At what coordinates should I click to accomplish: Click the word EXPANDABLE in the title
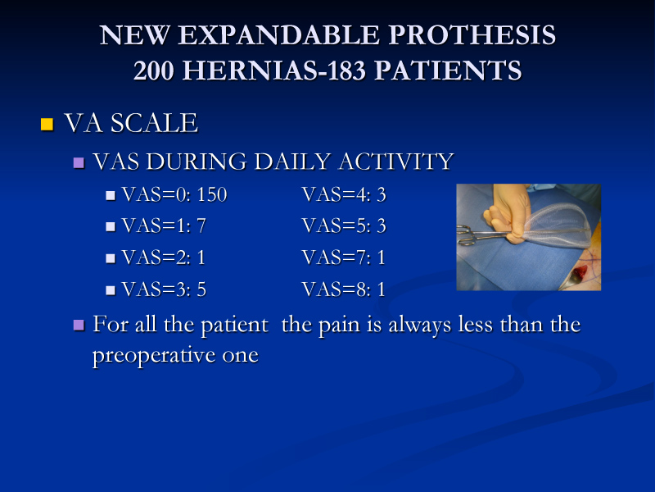[279, 34]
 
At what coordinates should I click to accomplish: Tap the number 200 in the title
[153, 70]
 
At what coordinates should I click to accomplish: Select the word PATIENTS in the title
[448, 70]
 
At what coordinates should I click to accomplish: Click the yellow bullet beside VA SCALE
[47, 125]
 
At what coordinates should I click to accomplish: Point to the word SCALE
[154, 123]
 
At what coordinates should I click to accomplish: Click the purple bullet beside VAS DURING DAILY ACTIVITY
[79, 162]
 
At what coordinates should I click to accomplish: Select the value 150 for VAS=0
[212, 194]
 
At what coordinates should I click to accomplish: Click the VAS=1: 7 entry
[164, 226]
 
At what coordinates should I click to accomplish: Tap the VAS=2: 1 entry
[163, 257]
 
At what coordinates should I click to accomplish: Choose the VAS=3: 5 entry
[164, 289]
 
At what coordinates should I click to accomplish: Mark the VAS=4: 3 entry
[344, 194]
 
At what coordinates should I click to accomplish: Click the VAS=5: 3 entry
[344, 226]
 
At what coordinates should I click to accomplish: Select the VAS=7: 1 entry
[343, 257]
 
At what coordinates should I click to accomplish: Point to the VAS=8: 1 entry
[343, 289]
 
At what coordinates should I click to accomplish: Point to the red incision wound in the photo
[580, 274]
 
